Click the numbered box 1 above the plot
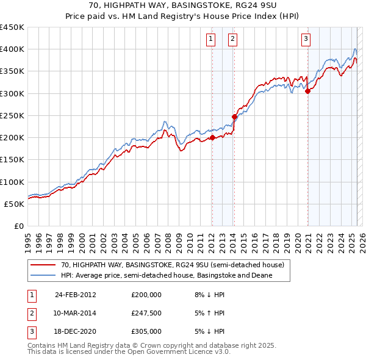pos(211,39)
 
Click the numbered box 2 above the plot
pos(233,39)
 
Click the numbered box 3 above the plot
pos(306,39)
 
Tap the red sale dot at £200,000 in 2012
pos(212,138)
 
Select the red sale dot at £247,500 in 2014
pos(234,117)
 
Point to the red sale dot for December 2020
pos(307,92)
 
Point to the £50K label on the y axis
pos(15,204)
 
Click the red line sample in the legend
pos(43,265)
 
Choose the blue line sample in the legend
pos(43,275)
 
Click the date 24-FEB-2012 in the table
pos(75,294)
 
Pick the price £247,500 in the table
pos(146,313)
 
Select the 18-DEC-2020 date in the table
pos(75,331)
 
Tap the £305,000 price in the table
pos(146,331)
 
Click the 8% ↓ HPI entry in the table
pos(209,294)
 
